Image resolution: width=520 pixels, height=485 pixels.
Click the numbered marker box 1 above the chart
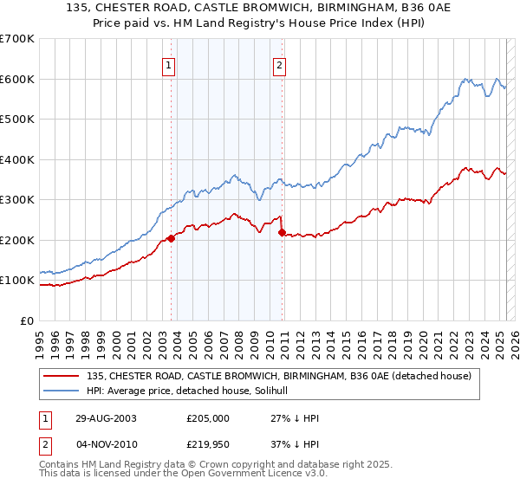coord(168,63)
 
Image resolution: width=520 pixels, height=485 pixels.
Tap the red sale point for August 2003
coord(172,238)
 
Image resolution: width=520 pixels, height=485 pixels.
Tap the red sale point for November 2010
coord(282,232)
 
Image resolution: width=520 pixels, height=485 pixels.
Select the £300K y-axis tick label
coord(17,199)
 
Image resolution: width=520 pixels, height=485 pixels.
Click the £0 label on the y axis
coord(28,320)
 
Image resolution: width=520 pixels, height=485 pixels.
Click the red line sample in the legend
coord(62,376)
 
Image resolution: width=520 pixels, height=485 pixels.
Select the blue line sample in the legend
coord(62,391)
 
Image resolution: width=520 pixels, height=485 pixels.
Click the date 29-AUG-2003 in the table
coord(104,418)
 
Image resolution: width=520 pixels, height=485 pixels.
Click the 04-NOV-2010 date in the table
coord(105,445)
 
